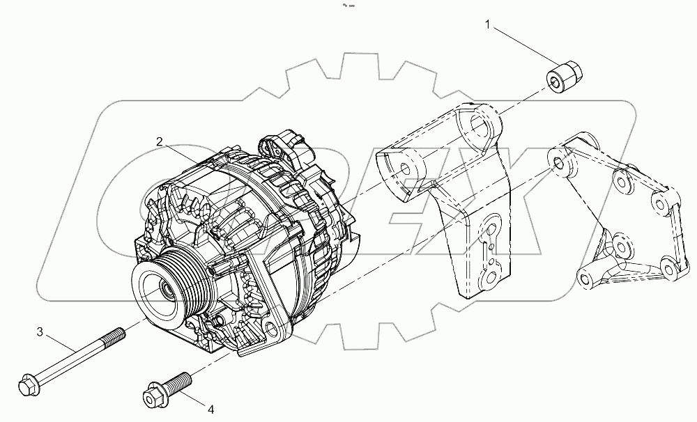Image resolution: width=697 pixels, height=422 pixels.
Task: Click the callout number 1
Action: click(x=489, y=26)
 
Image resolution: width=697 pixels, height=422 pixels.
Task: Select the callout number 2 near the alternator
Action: click(x=160, y=141)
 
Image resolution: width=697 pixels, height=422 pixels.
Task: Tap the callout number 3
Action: click(x=40, y=332)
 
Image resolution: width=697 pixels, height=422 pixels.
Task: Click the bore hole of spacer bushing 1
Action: click(x=556, y=84)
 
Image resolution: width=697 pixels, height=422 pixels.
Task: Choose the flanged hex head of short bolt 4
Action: click(x=153, y=397)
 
